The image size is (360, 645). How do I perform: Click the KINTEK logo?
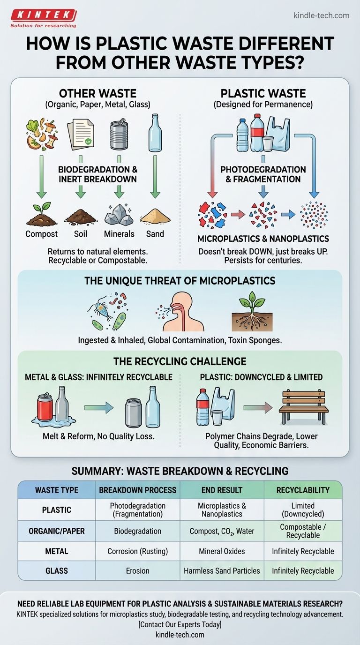[x=43, y=18]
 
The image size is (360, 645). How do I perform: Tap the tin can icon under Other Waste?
[x=119, y=134]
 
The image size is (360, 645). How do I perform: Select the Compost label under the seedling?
[x=42, y=234]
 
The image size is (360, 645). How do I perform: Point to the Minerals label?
[x=119, y=234]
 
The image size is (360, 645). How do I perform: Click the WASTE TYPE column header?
[x=57, y=490]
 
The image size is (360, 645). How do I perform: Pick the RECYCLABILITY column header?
[x=302, y=490]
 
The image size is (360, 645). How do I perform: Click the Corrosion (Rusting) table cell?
[x=137, y=551]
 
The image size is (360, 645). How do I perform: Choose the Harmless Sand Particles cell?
[x=222, y=570]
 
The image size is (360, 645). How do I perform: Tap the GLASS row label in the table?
[x=57, y=570]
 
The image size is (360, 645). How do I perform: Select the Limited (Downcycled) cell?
[x=302, y=510]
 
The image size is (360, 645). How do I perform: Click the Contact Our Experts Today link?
[x=180, y=624]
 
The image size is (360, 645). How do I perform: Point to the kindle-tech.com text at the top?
[x=321, y=15]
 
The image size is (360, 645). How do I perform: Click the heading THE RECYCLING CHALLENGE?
[x=180, y=361]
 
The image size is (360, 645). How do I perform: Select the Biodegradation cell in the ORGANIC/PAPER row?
[x=137, y=532]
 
